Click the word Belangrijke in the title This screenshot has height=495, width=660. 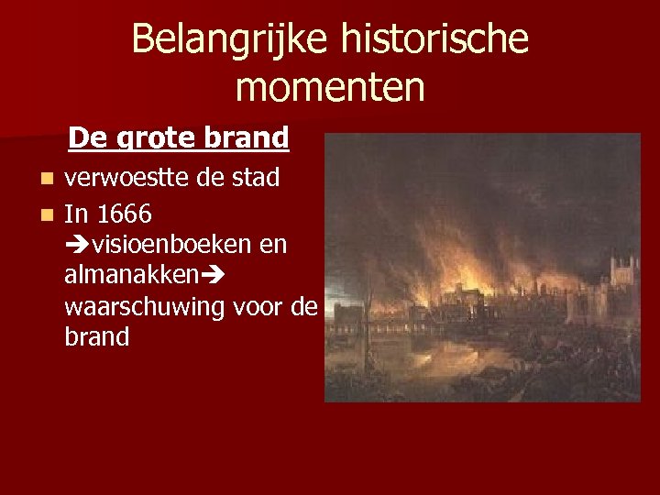[230, 39]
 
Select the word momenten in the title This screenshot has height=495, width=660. [330, 88]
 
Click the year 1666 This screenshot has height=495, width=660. [124, 214]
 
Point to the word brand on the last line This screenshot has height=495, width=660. [97, 336]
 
